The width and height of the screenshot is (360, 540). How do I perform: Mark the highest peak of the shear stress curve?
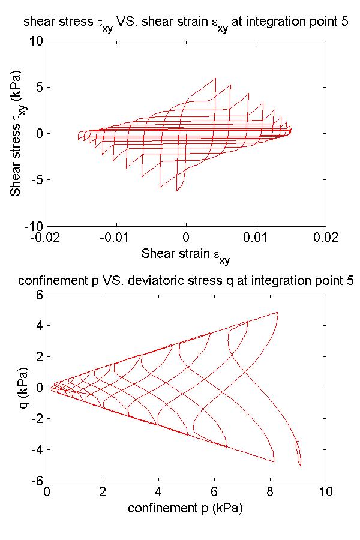[215, 78]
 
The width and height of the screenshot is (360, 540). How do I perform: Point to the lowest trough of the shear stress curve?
[177, 191]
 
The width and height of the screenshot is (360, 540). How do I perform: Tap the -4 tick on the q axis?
[38, 449]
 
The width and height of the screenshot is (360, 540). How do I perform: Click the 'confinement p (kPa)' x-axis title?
[186, 508]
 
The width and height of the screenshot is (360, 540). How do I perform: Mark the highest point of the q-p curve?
[277, 312]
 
